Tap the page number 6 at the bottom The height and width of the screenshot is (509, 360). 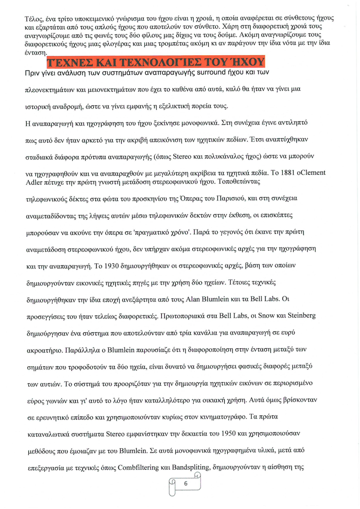coord(186,484)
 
